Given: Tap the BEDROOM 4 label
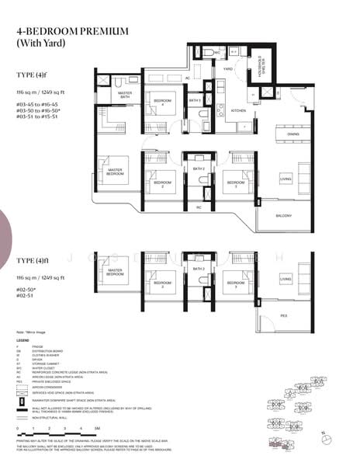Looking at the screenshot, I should (x=162, y=102).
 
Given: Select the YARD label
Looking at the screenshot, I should (x=228, y=69).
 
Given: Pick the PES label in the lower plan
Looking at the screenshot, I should (x=284, y=316).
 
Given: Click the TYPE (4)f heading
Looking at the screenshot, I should (x=32, y=75).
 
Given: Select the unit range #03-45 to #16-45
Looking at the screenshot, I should (x=37, y=103).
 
